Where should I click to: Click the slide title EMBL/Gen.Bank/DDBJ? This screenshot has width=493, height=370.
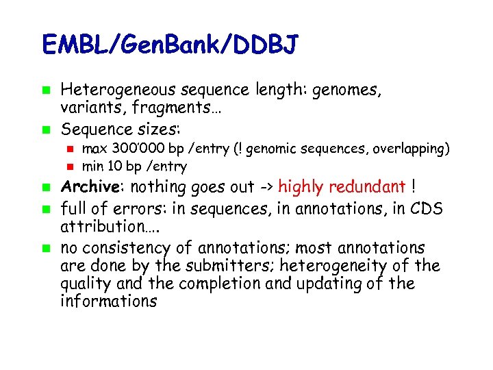tap(170, 45)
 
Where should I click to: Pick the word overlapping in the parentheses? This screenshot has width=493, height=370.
tap(413, 149)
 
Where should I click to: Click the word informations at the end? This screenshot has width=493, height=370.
tap(108, 301)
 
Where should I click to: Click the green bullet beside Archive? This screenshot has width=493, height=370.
tap(45, 187)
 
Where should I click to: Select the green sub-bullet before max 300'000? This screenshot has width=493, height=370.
tap(68, 149)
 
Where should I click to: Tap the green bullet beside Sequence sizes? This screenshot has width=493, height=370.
tap(45, 129)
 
